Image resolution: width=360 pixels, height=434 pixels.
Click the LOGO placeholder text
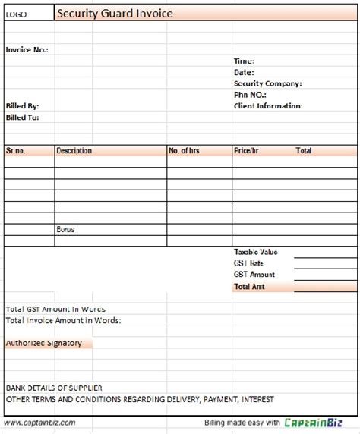tap(16, 14)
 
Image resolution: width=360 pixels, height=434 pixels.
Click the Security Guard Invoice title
tap(115, 14)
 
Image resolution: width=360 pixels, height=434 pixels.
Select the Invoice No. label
tap(27, 49)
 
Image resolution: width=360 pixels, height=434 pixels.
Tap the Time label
tap(244, 61)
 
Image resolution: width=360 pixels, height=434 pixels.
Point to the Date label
tap(244, 72)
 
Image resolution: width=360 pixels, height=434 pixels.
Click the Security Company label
tap(267, 83)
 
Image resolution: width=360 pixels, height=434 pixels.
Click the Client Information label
tap(268, 106)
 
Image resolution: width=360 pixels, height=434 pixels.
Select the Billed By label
tap(22, 106)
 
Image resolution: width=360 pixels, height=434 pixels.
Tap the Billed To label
tap(22, 118)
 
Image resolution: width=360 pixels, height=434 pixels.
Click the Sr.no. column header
tap(16, 151)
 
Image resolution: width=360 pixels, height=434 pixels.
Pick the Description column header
tap(74, 151)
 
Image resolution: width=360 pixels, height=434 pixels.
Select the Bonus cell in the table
tap(65, 229)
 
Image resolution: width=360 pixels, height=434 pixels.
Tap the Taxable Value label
tap(256, 252)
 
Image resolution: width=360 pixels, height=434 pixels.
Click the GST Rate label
tap(248, 263)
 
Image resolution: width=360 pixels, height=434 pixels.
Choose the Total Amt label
tap(250, 287)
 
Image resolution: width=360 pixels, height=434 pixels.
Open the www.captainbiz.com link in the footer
tap(39, 423)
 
